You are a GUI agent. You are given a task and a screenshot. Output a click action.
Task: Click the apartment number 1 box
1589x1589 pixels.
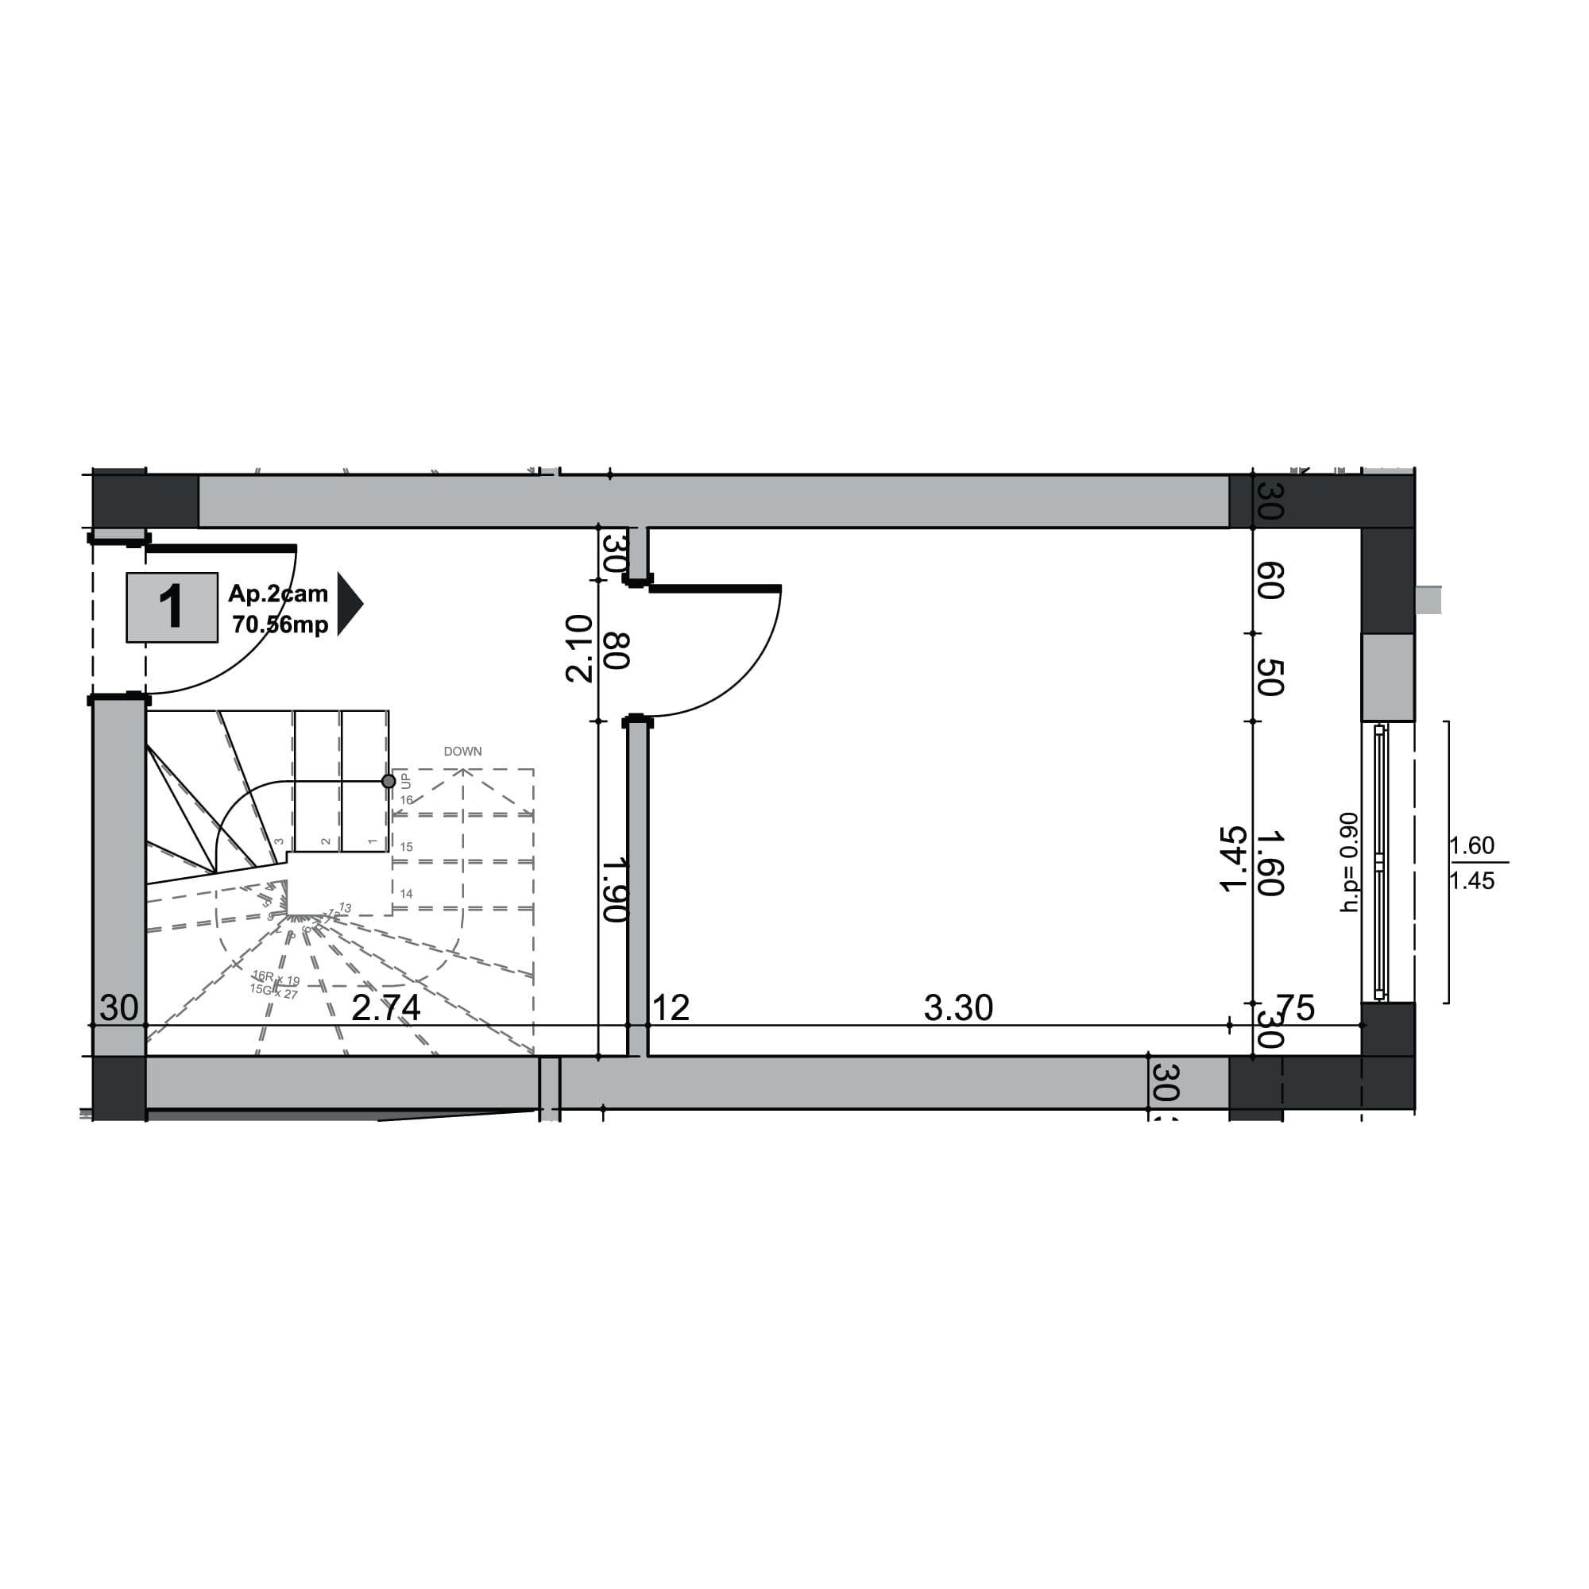(x=171, y=607)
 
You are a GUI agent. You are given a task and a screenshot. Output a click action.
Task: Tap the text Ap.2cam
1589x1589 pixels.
(x=278, y=593)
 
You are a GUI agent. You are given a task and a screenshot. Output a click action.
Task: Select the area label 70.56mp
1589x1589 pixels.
(x=280, y=624)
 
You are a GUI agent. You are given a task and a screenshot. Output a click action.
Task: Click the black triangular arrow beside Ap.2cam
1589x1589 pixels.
(x=348, y=604)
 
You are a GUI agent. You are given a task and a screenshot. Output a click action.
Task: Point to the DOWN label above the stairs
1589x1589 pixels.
(x=462, y=751)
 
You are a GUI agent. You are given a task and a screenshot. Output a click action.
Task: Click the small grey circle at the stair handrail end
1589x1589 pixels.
(x=389, y=781)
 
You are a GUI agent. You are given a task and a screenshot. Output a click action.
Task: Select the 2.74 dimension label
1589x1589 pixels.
(x=386, y=1008)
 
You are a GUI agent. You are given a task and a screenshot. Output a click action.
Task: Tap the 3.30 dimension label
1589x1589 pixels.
(x=958, y=1008)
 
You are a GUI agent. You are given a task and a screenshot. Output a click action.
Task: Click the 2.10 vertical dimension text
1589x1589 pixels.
(x=579, y=648)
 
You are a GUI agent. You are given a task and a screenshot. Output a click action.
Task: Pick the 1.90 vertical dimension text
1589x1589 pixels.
(x=615, y=890)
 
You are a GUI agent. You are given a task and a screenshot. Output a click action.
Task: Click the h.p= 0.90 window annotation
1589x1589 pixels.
(x=1349, y=862)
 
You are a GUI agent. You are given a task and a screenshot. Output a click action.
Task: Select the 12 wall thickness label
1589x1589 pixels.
(x=671, y=1008)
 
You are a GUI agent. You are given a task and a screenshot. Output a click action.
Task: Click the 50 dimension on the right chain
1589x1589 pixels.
(x=1270, y=677)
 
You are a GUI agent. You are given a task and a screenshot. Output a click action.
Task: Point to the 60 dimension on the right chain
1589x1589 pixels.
(x=1270, y=581)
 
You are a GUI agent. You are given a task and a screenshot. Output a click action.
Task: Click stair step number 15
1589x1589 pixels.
(x=406, y=847)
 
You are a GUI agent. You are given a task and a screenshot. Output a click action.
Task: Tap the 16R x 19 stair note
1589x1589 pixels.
(x=276, y=978)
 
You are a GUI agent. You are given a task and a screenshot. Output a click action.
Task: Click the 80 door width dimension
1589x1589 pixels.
(x=617, y=651)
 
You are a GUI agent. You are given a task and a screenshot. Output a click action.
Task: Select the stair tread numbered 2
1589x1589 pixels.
(x=327, y=841)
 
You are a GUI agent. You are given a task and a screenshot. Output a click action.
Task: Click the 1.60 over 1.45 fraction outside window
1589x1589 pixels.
(x=1472, y=863)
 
